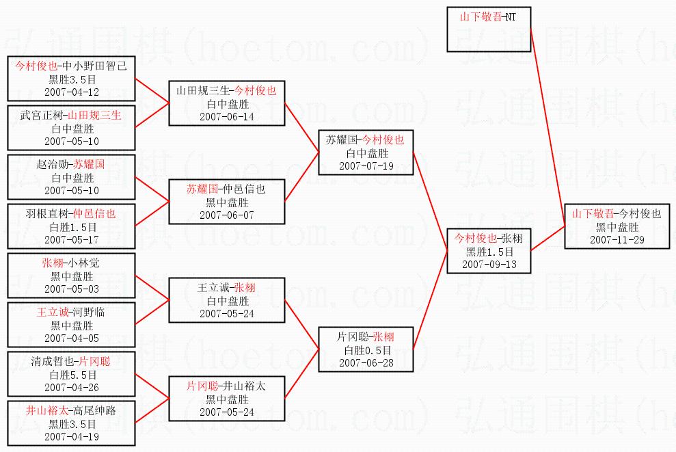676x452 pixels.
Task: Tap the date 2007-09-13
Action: (489, 264)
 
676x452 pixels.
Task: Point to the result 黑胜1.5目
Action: (489, 252)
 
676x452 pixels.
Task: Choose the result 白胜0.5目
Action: (366, 350)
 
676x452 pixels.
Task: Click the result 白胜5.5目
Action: (72, 374)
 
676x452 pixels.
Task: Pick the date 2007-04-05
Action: (72, 337)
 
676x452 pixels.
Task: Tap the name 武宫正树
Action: (40, 115)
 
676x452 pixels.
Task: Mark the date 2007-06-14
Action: (226, 116)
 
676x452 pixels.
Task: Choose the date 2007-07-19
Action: (366, 165)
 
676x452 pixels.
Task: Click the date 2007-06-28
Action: (366, 362)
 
